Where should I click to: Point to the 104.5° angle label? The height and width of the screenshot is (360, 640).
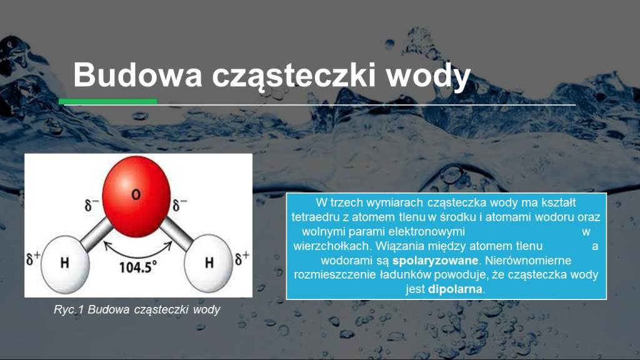(x=137, y=267)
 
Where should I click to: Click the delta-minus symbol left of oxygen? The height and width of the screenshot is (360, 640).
(x=91, y=205)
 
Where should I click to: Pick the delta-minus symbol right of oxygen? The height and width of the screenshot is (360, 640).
(x=179, y=205)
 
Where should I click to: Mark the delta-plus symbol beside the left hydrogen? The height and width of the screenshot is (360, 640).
(x=33, y=258)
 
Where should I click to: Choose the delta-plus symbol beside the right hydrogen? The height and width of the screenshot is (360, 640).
(x=242, y=258)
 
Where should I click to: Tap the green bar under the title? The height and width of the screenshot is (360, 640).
(x=107, y=102)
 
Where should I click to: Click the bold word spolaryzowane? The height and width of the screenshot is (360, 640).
(x=435, y=261)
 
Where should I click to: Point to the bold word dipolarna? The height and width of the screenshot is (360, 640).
(x=455, y=289)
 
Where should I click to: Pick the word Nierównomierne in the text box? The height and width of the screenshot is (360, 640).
(x=528, y=261)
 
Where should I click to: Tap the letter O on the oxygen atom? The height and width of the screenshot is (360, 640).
(x=136, y=195)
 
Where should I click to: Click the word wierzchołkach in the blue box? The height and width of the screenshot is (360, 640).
(x=331, y=246)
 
